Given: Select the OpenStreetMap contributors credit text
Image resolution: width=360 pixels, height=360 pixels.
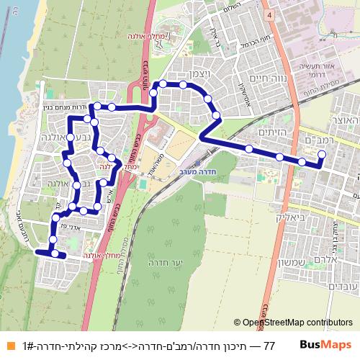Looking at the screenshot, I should [x=297, y=323].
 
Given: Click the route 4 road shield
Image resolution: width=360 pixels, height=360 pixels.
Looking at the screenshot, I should [x=268, y=14].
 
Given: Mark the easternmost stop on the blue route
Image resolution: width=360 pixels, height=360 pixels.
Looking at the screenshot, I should [x=321, y=154].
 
